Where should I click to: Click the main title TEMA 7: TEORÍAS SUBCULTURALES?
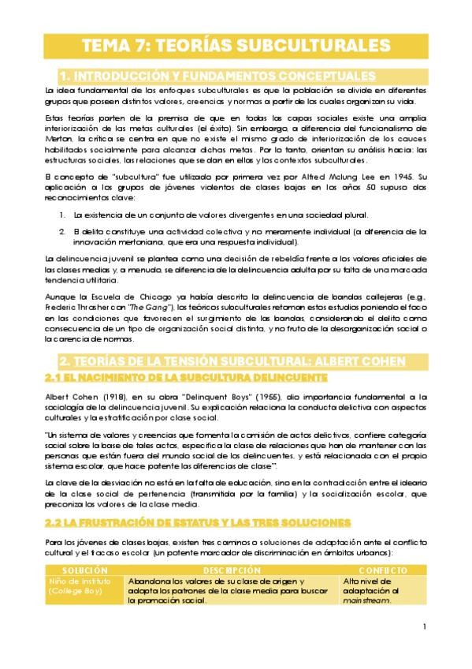click(236, 46)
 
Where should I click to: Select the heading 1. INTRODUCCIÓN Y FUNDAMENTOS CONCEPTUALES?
click(217, 77)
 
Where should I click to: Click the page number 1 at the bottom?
click(424, 627)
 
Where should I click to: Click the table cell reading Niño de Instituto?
click(79, 581)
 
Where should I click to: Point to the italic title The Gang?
click(151, 306)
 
